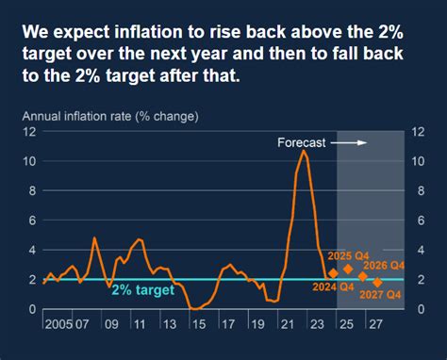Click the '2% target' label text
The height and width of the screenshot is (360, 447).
143,290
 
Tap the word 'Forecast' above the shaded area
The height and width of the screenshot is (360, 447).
301,143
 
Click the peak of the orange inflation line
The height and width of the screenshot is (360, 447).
303,150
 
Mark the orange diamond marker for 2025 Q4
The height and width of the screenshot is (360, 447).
348,269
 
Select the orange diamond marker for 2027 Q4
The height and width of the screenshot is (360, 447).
378,282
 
